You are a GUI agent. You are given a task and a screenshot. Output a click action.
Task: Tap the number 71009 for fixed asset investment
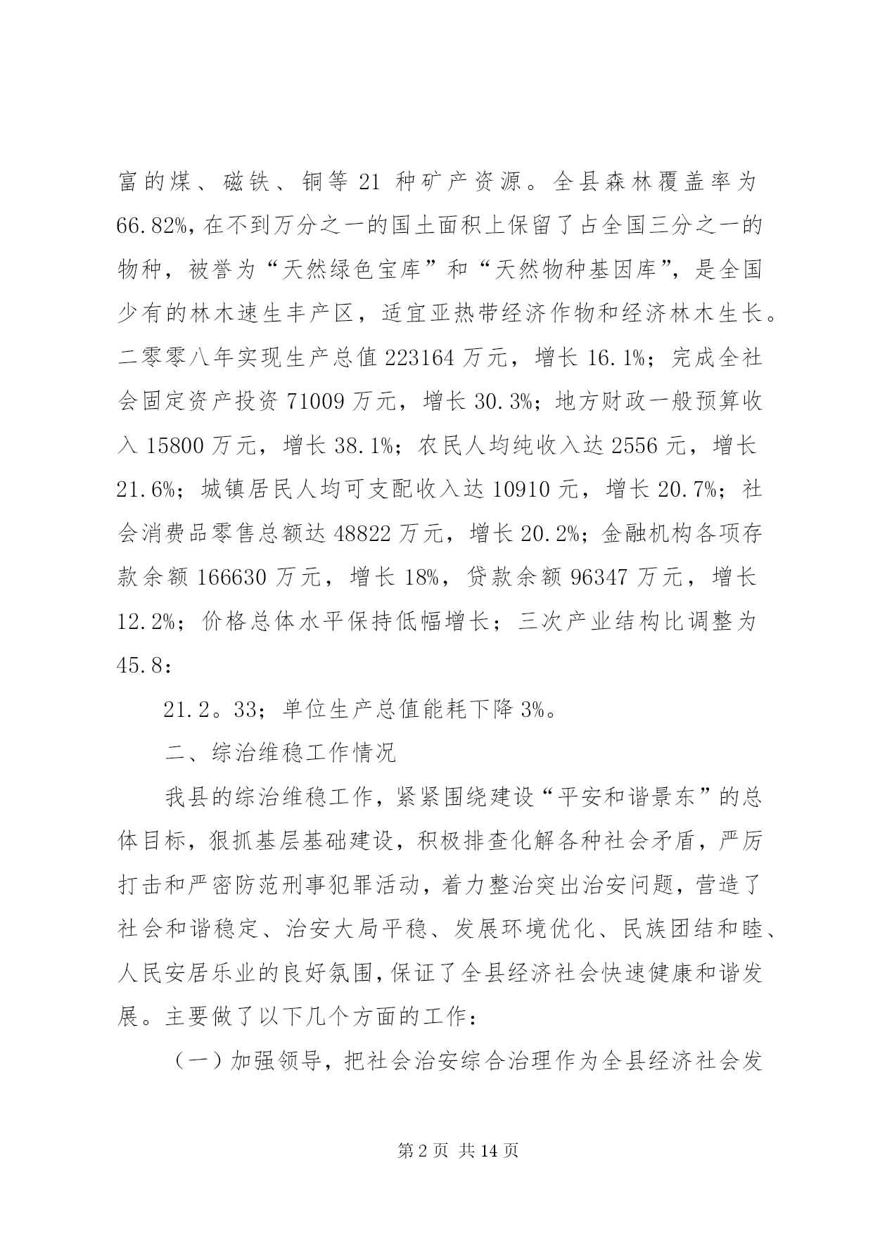pos(315,402)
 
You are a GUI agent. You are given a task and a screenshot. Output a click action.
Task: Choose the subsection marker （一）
pos(199,1061)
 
